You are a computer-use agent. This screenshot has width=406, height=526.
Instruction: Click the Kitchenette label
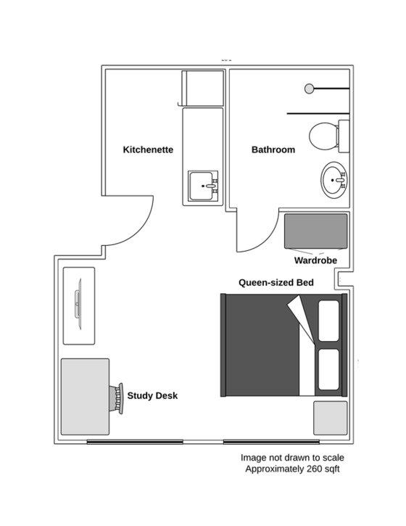click(148, 149)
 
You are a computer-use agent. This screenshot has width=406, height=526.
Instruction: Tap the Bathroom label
click(273, 149)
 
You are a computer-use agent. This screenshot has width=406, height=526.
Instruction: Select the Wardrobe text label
click(315, 260)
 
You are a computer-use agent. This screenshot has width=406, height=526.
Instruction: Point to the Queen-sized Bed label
click(276, 282)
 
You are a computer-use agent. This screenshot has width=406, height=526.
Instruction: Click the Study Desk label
click(152, 396)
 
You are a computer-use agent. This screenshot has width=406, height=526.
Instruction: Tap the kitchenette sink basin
click(201, 186)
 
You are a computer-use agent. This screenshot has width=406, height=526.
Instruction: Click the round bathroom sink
click(333, 180)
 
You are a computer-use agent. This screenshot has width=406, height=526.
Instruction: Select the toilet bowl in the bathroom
click(323, 136)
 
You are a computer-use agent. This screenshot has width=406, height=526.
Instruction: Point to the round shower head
click(309, 89)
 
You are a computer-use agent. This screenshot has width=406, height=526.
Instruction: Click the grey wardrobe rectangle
click(316, 231)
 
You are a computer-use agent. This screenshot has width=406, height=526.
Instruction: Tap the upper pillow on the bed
click(328, 321)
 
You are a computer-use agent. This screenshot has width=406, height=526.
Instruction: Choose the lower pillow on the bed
click(328, 370)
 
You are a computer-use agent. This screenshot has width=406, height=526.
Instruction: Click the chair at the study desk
click(117, 398)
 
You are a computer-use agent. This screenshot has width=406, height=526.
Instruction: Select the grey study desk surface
click(85, 397)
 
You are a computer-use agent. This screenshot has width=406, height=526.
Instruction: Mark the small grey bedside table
click(330, 418)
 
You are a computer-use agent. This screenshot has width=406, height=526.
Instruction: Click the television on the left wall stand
click(78, 304)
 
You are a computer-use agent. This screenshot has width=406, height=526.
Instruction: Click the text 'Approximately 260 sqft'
click(292, 469)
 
